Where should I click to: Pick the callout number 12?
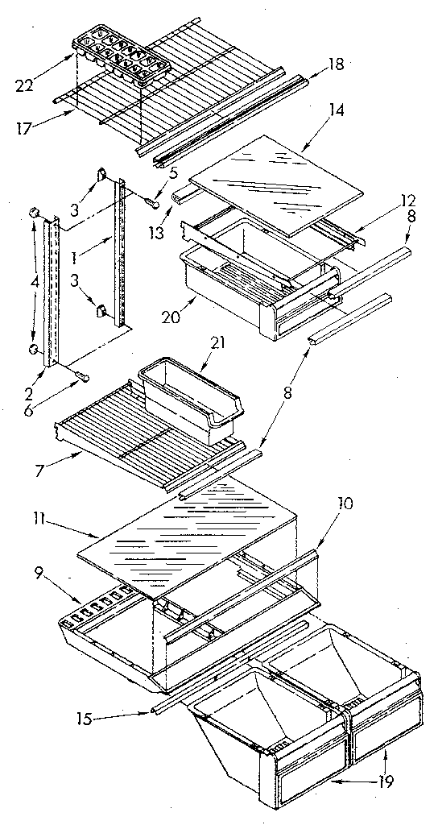point(387,200)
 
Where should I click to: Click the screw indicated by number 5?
point(151,202)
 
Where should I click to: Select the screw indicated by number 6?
point(81,376)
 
